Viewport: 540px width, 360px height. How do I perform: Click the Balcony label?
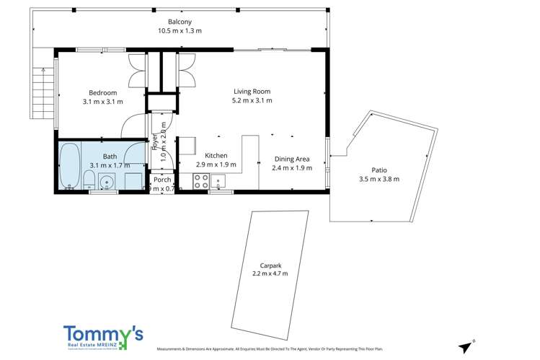(179, 22)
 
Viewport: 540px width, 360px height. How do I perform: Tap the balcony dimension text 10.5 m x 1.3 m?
(179, 31)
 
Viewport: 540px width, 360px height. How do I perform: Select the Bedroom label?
(102, 92)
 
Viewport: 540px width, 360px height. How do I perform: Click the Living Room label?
(252, 91)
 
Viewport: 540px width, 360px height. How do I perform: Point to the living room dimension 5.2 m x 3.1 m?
(252, 101)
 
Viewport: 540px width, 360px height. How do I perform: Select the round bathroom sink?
(106, 182)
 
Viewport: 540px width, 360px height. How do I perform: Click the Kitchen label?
(216, 156)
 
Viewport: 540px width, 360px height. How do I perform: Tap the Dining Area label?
(292, 159)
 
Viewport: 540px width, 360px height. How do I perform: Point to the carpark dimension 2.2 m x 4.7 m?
(270, 273)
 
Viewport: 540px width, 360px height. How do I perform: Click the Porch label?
(162, 180)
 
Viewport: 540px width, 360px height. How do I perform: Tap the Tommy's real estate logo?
(103, 338)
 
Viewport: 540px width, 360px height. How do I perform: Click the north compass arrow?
(466, 345)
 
